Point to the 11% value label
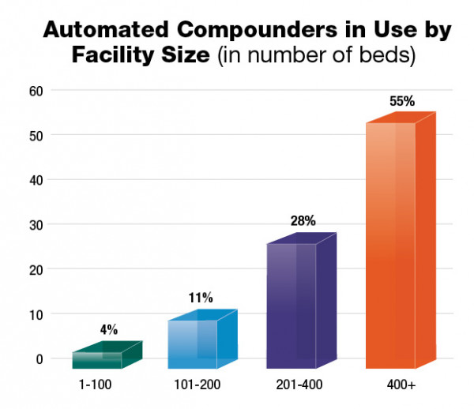click(x=201, y=298)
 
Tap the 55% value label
click(x=401, y=102)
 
